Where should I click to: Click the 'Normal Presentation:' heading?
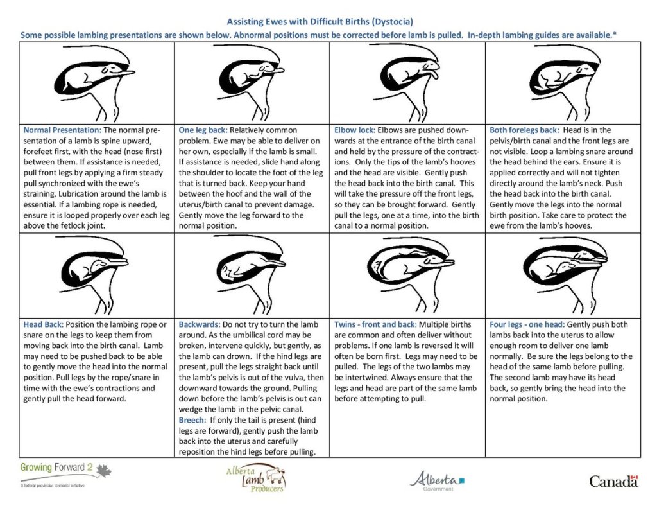click(x=62, y=130)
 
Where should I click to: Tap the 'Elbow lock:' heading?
click(x=354, y=130)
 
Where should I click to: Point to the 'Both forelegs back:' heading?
click(x=524, y=130)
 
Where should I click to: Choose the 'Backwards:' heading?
click(x=200, y=324)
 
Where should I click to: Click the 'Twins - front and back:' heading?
click(x=376, y=324)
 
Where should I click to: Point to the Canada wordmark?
click(x=614, y=481)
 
